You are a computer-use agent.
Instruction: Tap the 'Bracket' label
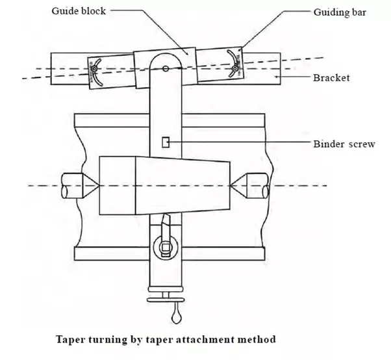pyautogui.click(x=331, y=78)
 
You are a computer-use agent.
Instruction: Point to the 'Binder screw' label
pyautogui.click(x=344, y=144)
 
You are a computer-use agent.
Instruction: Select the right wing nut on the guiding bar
pyautogui.click(x=234, y=67)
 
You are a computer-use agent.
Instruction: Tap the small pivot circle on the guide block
pyautogui.click(x=166, y=68)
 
